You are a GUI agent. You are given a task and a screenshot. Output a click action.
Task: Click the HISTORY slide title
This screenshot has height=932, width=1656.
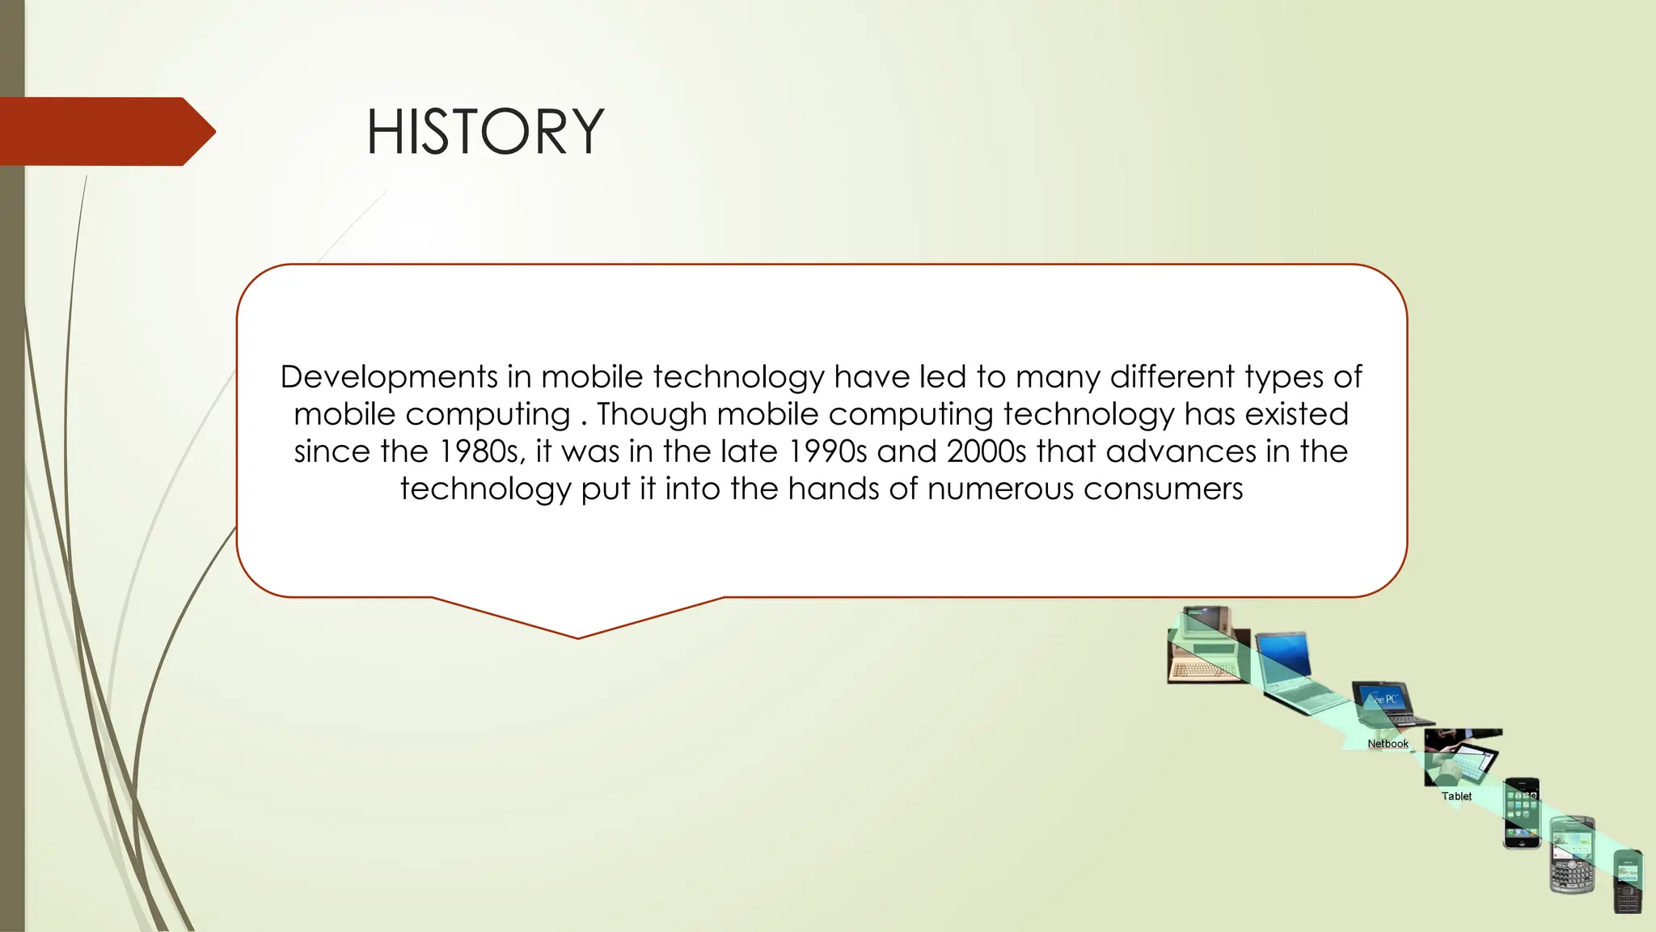(485, 132)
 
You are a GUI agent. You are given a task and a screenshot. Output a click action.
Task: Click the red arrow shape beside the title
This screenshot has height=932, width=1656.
(105, 131)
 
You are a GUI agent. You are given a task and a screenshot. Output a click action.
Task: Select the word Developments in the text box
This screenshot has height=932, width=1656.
(389, 377)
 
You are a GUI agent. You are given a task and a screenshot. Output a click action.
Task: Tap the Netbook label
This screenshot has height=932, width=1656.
(1388, 743)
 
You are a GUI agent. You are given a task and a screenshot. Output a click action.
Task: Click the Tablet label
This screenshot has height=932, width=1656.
(1456, 796)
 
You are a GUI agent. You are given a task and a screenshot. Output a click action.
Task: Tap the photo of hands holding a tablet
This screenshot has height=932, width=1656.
(1461, 757)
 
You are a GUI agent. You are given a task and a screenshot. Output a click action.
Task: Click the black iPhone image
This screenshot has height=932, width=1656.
(1521, 813)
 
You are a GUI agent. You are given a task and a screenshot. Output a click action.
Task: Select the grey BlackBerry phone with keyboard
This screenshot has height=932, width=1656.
(1571, 856)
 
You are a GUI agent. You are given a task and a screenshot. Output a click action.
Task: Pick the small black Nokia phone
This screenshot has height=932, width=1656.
(1628, 882)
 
